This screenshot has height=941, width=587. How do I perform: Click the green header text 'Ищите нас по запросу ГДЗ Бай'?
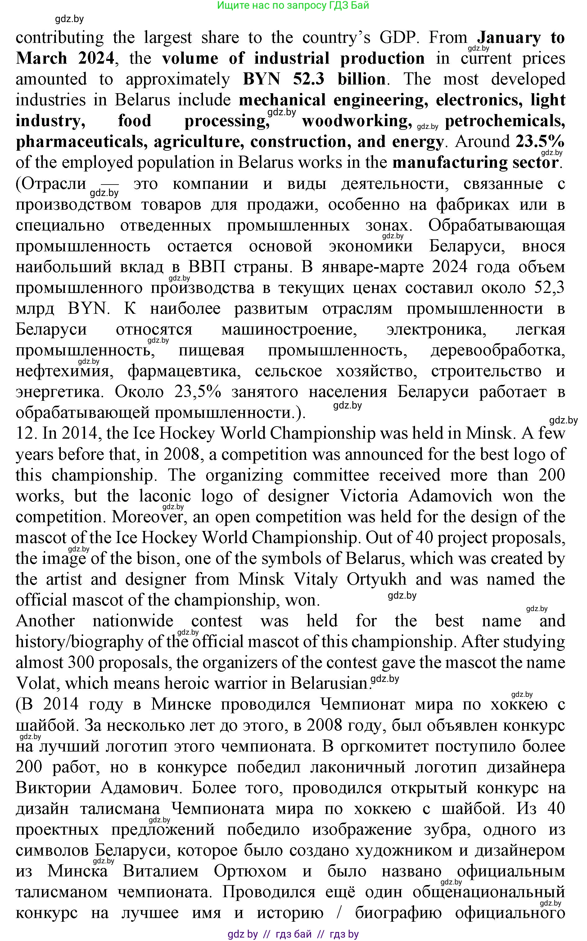click(x=293, y=6)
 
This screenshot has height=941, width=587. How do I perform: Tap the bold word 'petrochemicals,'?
click(x=505, y=121)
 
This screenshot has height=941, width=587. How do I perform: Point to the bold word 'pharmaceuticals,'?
click(x=82, y=142)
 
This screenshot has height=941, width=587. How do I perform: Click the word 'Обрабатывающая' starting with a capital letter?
click(x=497, y=225)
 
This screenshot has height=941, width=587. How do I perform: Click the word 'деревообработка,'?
click(x=498, y=350)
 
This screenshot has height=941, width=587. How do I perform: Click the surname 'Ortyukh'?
click(x=376, y=580)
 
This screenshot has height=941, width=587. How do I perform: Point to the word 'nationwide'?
click(x=133, y=621)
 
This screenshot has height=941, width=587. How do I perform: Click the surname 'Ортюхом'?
click(x=250, y=871)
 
